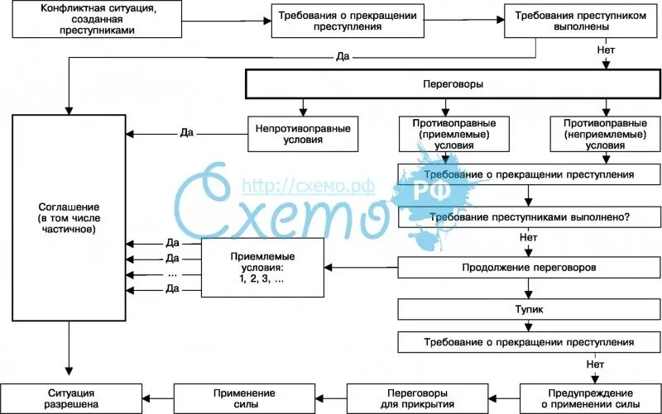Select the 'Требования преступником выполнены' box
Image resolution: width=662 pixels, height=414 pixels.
tap(563, 21)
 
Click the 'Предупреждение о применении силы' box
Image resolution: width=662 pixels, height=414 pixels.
tap(591, 397)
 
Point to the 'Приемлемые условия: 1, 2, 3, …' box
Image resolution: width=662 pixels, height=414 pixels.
tap(261, 268)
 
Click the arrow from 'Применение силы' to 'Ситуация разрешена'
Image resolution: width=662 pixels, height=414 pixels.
tap(155, 397)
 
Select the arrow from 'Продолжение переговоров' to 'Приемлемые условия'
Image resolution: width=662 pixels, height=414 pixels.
tap(361, 268)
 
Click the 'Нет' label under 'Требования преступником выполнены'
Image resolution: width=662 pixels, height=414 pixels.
tap(605, 51)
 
